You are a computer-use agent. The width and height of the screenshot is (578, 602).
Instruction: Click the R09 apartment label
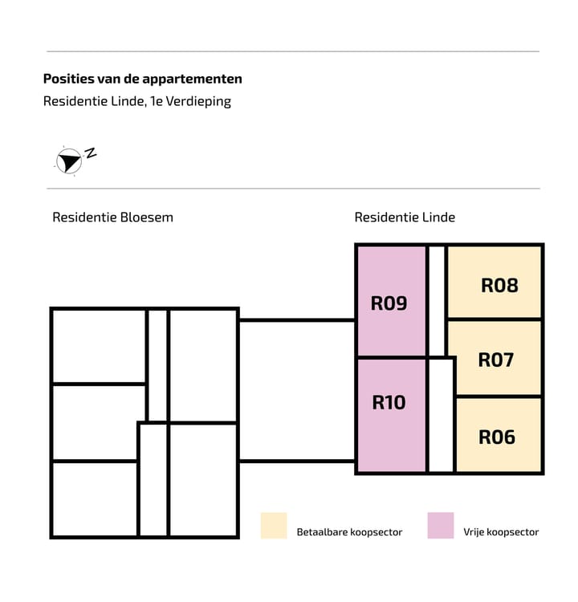[x=389, y=303]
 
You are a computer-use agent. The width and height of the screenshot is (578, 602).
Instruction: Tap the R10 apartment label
[x=389, y=403]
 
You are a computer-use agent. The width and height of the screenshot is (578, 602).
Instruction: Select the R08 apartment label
[x=499, y=286]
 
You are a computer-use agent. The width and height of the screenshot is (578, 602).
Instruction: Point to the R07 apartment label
[x=496, y=360]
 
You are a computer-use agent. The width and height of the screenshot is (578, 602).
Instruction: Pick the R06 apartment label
[x=497, y=437]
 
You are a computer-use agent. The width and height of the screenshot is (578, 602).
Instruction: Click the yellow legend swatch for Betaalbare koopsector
[x=274, y=526]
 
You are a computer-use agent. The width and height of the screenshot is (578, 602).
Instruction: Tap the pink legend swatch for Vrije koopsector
[x=441, y=526]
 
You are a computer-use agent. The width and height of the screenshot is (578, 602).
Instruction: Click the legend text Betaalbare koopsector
[x=349, y=532]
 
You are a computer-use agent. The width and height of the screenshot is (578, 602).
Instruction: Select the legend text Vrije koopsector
[x=501, y=532]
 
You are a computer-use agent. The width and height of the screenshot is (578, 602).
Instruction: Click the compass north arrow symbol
[x=69, y=161]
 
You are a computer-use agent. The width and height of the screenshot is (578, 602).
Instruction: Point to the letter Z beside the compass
[x=91, y=153]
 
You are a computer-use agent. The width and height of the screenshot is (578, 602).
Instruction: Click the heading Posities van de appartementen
[x=142, y=79]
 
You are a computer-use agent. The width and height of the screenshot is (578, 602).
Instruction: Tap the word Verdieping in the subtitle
[x=198, y=101]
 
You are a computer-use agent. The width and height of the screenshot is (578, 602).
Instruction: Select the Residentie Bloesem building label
[x=113, y=218]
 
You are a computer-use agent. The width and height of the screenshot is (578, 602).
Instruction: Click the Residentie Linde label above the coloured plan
[x=405, y=218]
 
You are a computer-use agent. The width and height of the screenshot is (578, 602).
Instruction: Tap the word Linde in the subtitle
[x=128, y=101]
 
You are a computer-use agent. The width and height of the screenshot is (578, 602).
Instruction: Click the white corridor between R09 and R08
[x=437, y=301]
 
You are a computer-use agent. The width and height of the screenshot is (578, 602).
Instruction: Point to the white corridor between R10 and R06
[x=441, y=416]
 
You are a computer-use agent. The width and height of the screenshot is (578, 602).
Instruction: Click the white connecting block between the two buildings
[x=297, y=391]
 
